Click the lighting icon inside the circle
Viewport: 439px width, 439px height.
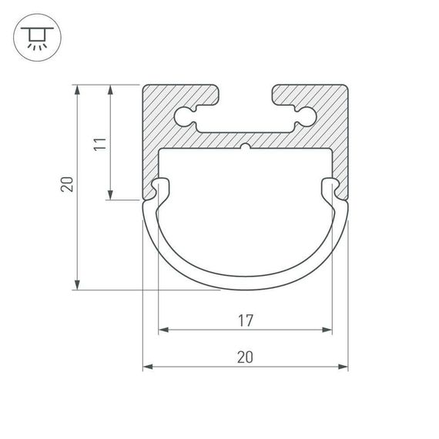(x=35, y=36)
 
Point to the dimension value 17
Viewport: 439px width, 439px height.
(x=245, y=319)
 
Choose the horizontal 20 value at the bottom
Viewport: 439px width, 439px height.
(x=245, y=356)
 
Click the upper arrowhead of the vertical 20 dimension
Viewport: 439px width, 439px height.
(x=78, y=89)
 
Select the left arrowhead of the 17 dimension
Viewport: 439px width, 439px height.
(x=163, y=330)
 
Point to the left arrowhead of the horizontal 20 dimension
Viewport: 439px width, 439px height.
(x=148, y=367)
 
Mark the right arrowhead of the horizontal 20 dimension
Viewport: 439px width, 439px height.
(x=343, y=367)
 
